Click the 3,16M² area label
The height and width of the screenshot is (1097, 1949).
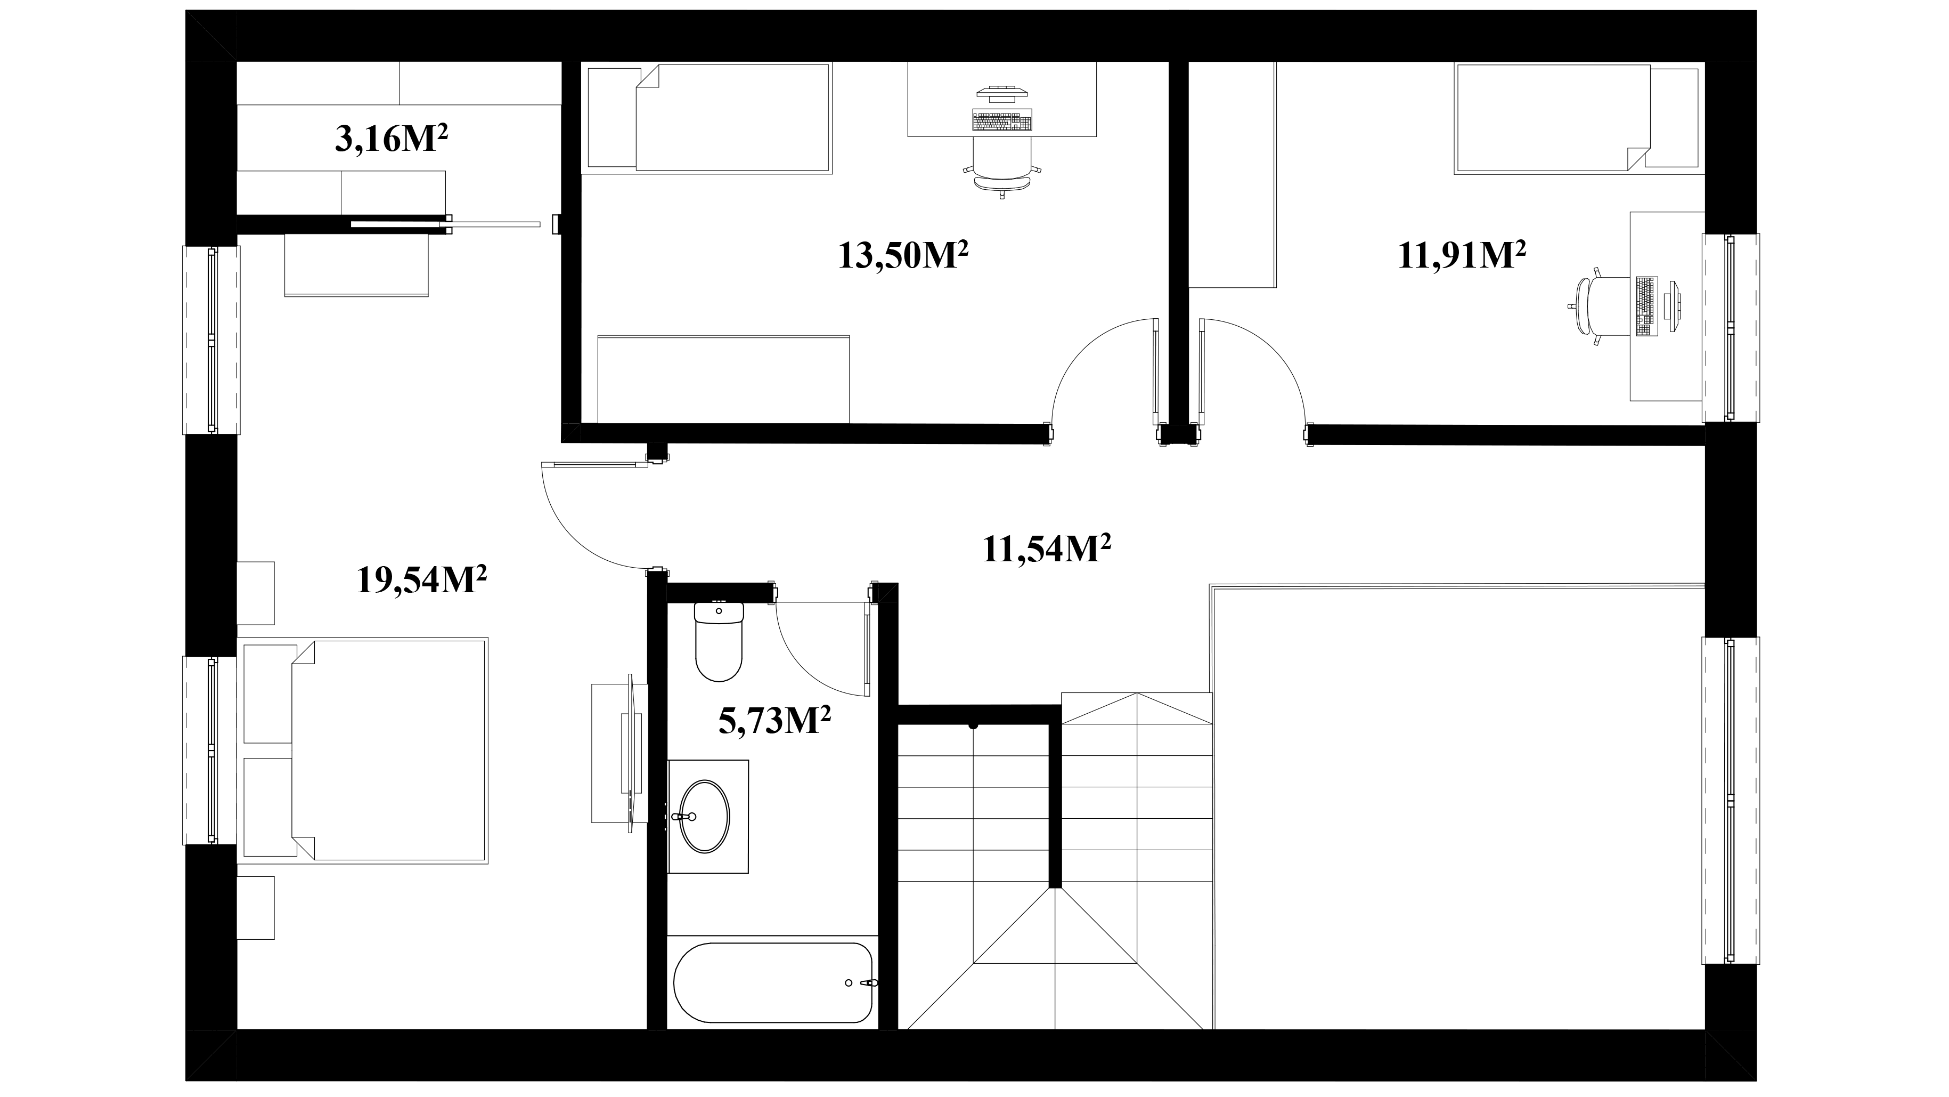pyautogui.click(x=391, y=139)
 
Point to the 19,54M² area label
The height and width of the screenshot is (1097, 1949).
pyautogui.click(x=421, y=579)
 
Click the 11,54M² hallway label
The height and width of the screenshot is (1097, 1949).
pyautogui.click(x=1046, y=548)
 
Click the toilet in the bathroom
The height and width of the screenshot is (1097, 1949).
pyautogui.click(x=718, y=641)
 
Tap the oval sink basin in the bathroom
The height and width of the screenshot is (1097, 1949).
pyautogui.click(x=705, y=817)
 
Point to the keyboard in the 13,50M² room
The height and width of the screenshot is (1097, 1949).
pyautogui.click(x=1002, y=120)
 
